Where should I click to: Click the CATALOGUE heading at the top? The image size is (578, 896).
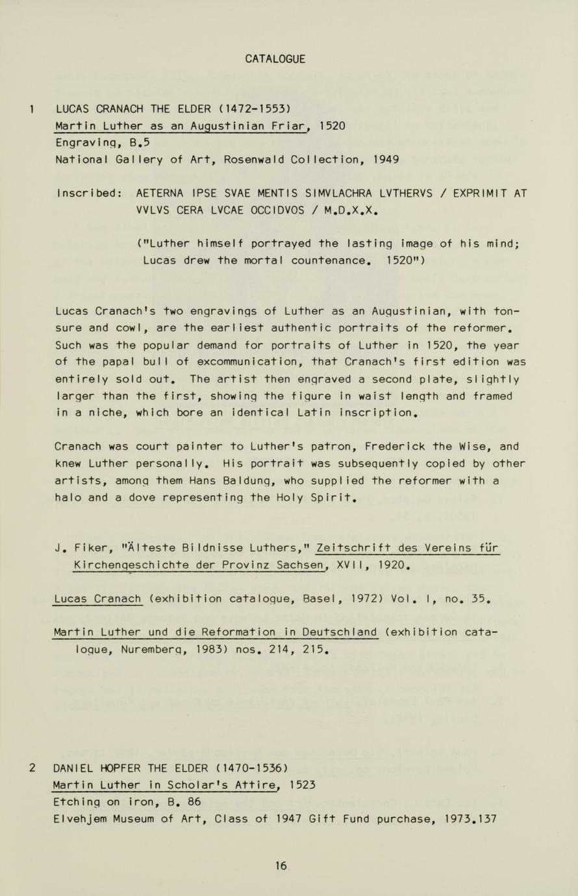pos(275,59)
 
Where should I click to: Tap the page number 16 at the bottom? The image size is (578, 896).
pos(281,865)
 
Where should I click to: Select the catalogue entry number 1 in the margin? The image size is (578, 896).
pos(32,108)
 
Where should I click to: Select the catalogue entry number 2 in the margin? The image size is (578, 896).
pos(32,768)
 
